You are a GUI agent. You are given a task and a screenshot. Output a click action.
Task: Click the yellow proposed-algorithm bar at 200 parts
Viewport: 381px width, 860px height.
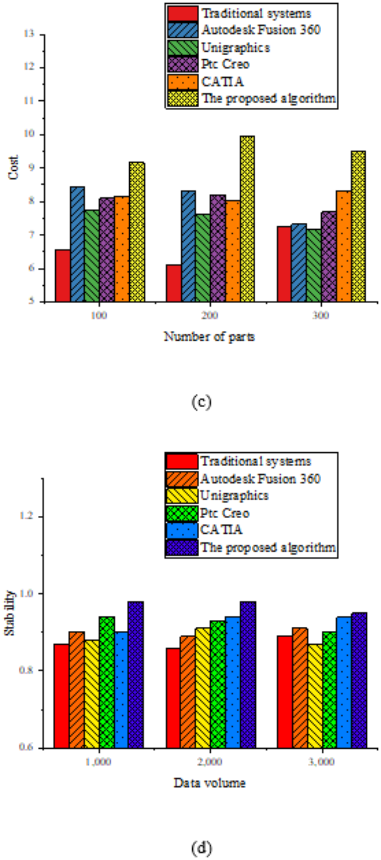(247, 219)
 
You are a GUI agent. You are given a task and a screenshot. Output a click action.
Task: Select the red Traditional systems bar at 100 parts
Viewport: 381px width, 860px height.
(63, 276)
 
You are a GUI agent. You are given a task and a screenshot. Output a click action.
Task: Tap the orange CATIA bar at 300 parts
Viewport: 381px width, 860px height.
(343, 246)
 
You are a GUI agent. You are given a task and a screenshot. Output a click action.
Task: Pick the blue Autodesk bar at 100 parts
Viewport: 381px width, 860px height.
(78, 244)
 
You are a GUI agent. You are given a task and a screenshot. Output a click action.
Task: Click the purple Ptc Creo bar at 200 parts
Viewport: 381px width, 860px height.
(218, 248)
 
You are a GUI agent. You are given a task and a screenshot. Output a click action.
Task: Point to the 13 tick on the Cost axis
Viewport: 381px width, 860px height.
(29, 34)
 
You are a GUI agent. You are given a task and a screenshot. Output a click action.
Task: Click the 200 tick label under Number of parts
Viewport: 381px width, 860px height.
(210, 315)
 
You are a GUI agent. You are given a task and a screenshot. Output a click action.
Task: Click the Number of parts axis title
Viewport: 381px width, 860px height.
(209, 337)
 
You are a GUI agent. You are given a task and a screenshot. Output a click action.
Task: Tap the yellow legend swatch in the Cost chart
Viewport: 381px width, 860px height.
(183, 99)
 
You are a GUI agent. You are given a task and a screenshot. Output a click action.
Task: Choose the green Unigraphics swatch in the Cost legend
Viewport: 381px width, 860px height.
(183, 48)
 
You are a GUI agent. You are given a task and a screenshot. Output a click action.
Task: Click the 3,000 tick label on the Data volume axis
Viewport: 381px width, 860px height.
(321, 762)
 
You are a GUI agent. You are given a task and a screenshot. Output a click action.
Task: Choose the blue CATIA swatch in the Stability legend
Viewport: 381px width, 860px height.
(182, 530)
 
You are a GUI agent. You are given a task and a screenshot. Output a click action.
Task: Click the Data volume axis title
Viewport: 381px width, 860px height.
(209, 783)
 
